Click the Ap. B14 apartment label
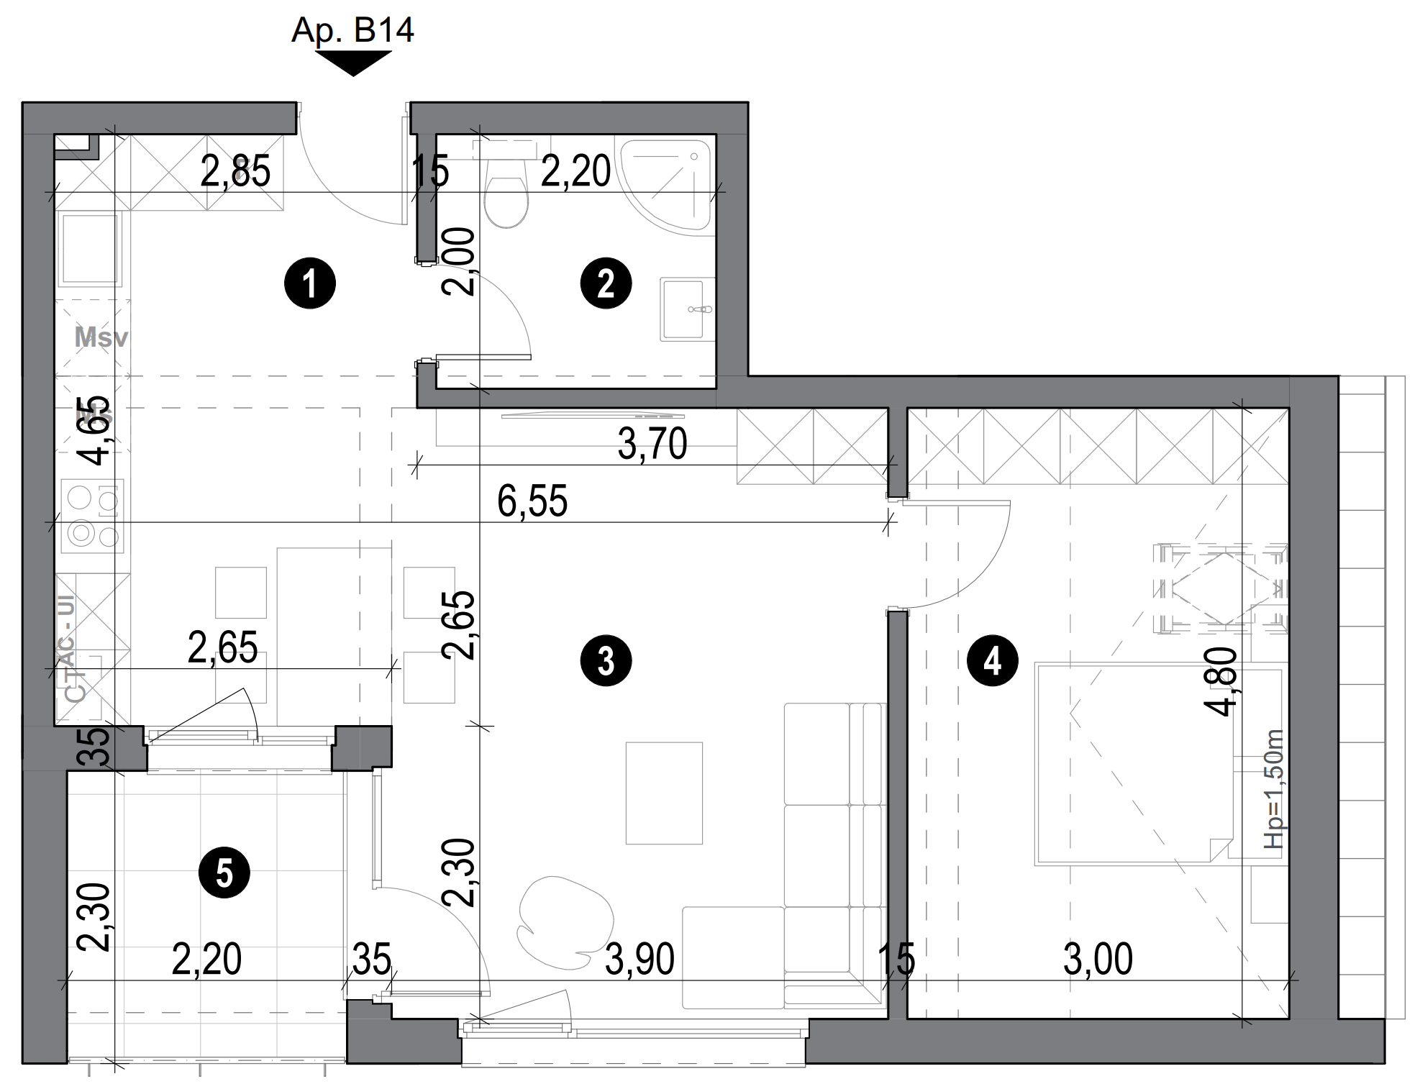tap(352, 30)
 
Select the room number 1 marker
tap(310, 283)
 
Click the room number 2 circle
tap(606, 283)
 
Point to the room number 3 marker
tap(606, 660)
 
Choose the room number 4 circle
tap(993, 660)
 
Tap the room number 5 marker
tap(224, 874)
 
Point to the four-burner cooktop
tap(92, 516)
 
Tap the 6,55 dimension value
tap(532, 501)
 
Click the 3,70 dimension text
tap(652, 445)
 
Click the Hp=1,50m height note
tap(1273, 789)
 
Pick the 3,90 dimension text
tap(639, 959)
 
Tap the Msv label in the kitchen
tap(101, 337)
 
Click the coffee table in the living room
tap(663, 793)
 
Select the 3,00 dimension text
tap(1098, 959)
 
